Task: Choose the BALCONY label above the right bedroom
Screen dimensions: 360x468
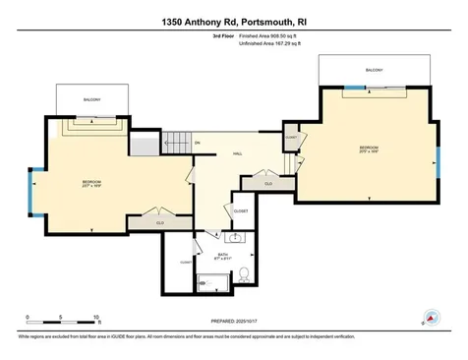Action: click(x=374, y=70)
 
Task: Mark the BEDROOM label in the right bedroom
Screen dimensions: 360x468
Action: click(x=368, y=148)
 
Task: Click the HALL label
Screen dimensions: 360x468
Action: click(x=237, y=154)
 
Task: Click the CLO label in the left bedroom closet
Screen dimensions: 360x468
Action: click(x=159, y=222)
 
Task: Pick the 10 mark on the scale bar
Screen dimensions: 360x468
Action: click(x=96, y=319)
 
